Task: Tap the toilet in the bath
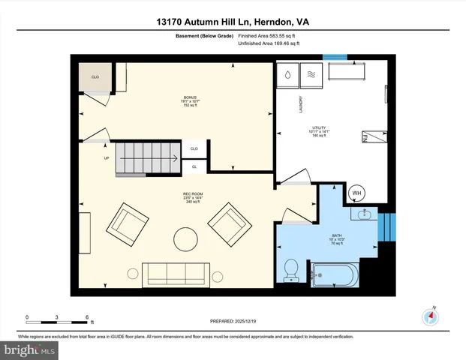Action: (x=292, y=269)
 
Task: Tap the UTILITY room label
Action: (x=319, y=131)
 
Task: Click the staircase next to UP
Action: (x=146, y=158)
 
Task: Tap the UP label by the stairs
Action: (x=106, y=158)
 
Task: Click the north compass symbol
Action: (x=431, y=316)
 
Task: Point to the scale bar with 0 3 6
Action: (x=59, y=321)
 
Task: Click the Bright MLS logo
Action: (x=30, y=350)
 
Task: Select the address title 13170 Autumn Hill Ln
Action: (x=233, y=22)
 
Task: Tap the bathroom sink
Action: (x=365, y=215)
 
